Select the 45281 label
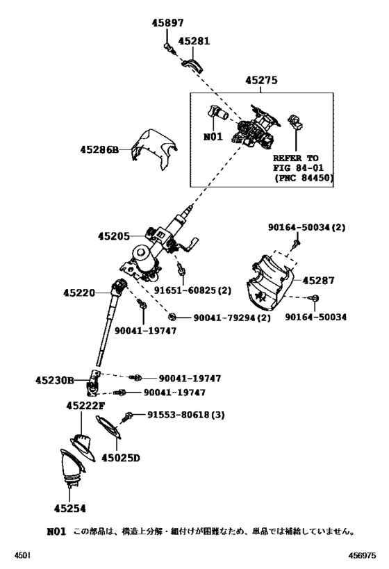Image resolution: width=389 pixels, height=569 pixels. point(193,41)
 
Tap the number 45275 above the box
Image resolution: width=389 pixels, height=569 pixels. point(260,81)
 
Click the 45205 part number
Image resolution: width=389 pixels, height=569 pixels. point(114,236)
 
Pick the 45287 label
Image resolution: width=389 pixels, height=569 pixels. point(317,281)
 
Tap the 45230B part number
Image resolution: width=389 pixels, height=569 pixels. point(54,380)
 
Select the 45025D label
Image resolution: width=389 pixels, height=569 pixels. point(120,458)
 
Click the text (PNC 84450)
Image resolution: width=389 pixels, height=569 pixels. point(304,179)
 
